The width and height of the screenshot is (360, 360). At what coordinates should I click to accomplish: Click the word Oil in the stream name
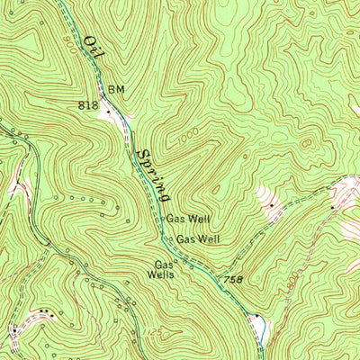coord(93,49)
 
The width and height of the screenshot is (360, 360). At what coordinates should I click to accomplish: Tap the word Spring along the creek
coord(153,174)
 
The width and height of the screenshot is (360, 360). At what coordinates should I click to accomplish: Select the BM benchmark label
coord(115,89)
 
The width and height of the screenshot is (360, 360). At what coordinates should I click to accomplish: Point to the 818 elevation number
coord(87,105)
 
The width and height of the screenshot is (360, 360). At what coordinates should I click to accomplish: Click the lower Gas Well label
coord(197,238)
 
